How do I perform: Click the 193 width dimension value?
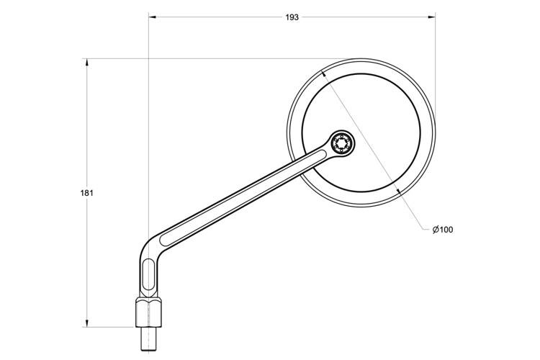[292, 17]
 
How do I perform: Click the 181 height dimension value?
[87, 193]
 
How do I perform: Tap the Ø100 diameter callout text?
[443, 230]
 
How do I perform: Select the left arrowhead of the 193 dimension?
[153, 17]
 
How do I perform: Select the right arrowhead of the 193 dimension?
[431, 17]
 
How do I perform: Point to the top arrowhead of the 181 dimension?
[87, 63]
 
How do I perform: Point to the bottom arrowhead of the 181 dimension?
[87, 323]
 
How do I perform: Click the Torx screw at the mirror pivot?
[342, 143]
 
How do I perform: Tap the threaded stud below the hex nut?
[149, 339]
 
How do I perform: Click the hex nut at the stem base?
[149, 312]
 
